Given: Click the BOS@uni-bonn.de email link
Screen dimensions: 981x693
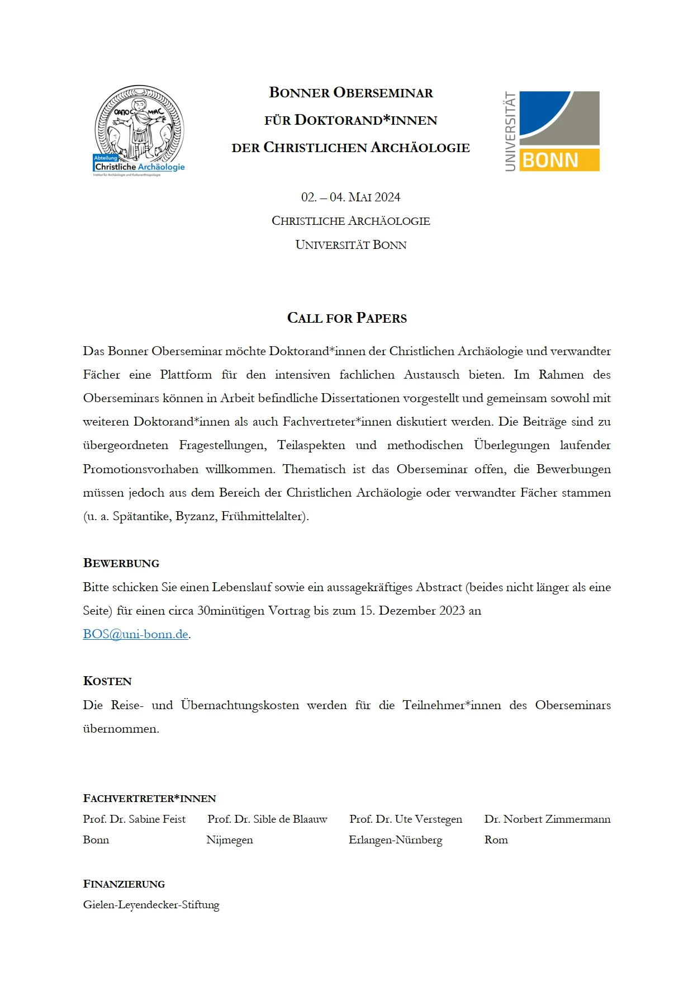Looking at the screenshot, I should point(135,634).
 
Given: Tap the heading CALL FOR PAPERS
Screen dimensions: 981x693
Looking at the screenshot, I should point(346,318).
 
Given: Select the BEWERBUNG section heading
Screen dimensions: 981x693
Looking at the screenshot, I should point(121,563).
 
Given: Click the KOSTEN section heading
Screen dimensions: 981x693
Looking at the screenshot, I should point(107,681).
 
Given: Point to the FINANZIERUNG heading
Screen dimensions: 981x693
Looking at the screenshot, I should point(124,884).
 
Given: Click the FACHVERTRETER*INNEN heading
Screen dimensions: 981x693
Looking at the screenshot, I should point(149,799).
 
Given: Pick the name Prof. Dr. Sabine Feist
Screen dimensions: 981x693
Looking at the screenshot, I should point(134,819).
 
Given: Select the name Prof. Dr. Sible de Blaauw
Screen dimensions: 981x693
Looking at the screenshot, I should point(267,819).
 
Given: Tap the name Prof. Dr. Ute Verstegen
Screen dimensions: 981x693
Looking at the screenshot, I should point(406,819).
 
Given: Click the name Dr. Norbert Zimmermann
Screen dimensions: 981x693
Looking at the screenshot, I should point(547,819).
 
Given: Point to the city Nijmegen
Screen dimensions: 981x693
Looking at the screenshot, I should point(230,840).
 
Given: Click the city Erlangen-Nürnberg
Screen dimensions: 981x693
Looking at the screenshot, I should point(395,840).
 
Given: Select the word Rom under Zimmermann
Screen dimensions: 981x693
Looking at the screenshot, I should point(496,840).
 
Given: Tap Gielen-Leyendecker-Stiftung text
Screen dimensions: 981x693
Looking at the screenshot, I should point(151,905).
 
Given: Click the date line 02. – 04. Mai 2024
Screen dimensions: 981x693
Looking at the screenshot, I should point(350,197).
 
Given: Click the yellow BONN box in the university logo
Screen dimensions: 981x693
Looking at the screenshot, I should point(559,160).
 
